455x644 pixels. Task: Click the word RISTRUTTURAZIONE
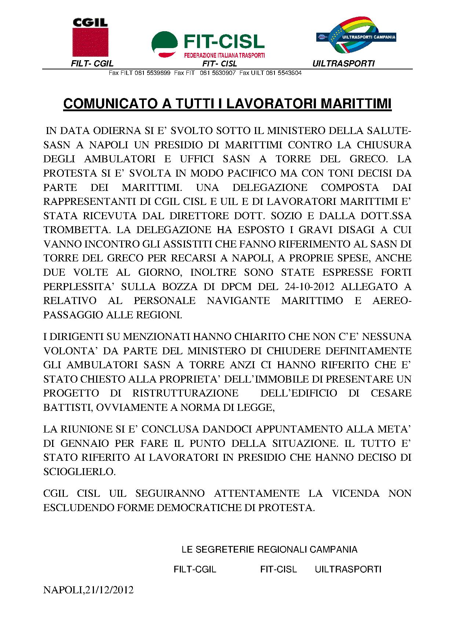185,393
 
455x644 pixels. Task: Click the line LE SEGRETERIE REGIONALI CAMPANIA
269,550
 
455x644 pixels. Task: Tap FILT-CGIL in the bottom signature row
195,569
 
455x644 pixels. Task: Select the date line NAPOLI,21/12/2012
88,590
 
